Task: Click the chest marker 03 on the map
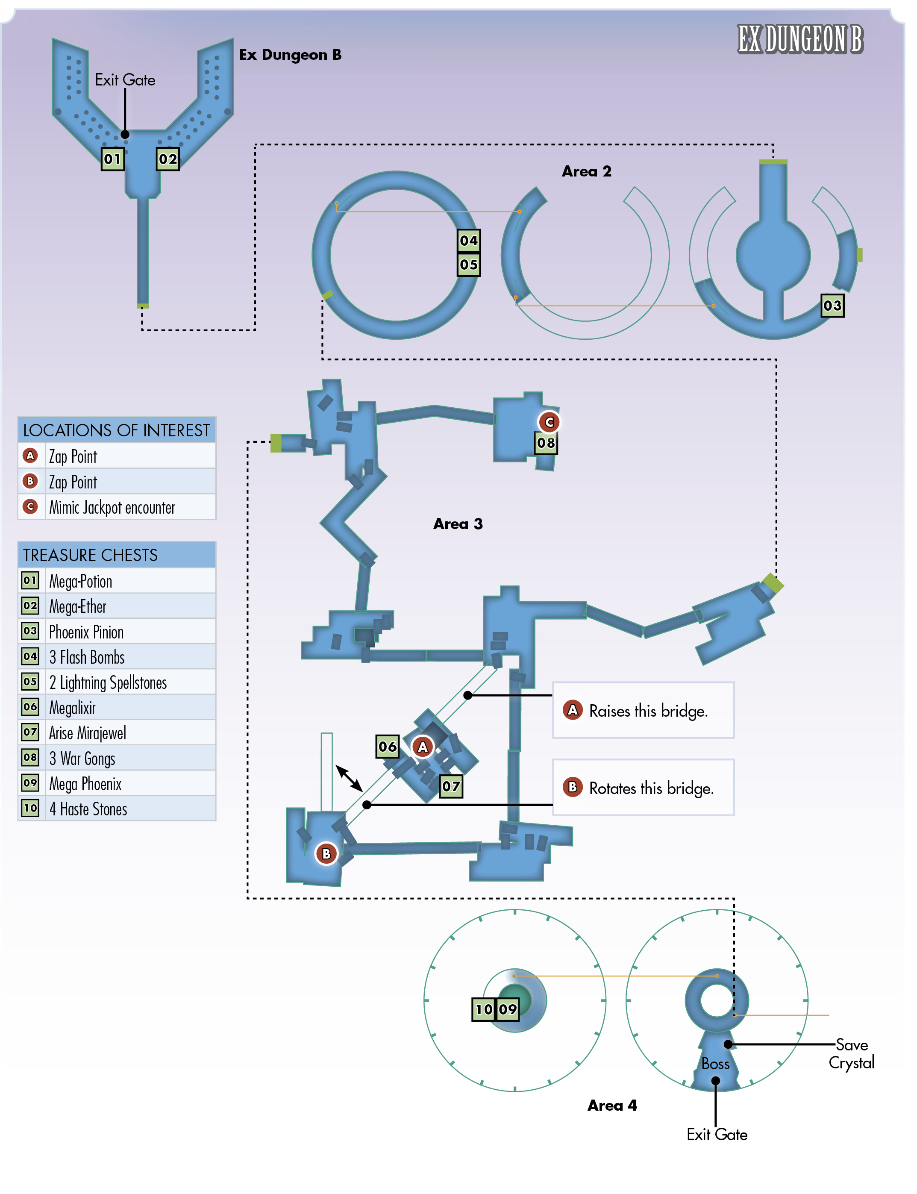tap(843, 309)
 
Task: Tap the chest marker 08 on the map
tap(553, 448)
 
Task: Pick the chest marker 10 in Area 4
tap(490, 1021)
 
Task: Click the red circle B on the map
tap(330, 864)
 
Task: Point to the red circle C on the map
tap(556, 427)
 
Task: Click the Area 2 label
tap(594, 174)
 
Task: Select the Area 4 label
tap(620, 1119)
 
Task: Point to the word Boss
tap(724, 1077)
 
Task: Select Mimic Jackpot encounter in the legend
tap(114, 514)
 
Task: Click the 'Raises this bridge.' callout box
tap(651, 719)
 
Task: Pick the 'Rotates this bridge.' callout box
tap(651, 797)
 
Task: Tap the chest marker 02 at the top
tap(170, 161)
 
